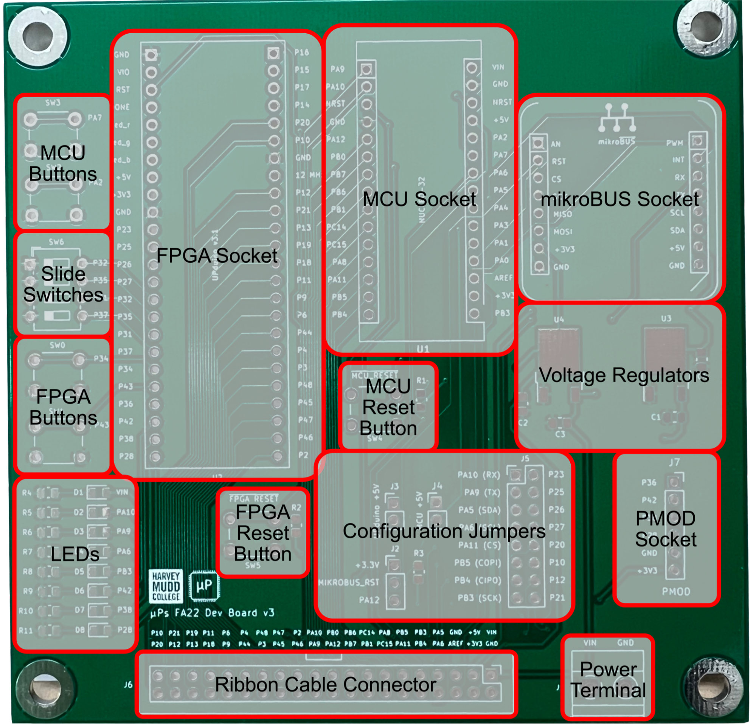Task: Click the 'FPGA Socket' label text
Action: (x=217, y=256)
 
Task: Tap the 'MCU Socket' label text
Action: (x=419, y=199)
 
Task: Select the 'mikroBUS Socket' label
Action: (x=619, y=199)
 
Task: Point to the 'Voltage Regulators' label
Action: (x=624, y=375)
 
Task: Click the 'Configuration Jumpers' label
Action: (x=444, y=531)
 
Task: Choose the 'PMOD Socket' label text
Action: (x=666, y=529)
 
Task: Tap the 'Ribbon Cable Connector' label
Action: (x=326, y=685)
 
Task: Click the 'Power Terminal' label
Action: (x=608, y=680)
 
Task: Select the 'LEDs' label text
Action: (x=75, y=554)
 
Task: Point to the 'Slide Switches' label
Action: (x=63, y=284)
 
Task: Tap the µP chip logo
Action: (x=204, y=586)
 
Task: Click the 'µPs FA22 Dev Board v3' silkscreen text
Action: (x=213, y=613)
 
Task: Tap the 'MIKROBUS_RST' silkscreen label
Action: (x=348, y=582)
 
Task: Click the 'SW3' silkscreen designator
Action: (x=53, y=103)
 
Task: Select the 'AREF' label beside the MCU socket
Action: (x=503, y=278)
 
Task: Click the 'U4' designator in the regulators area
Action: (x=559, y=319)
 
